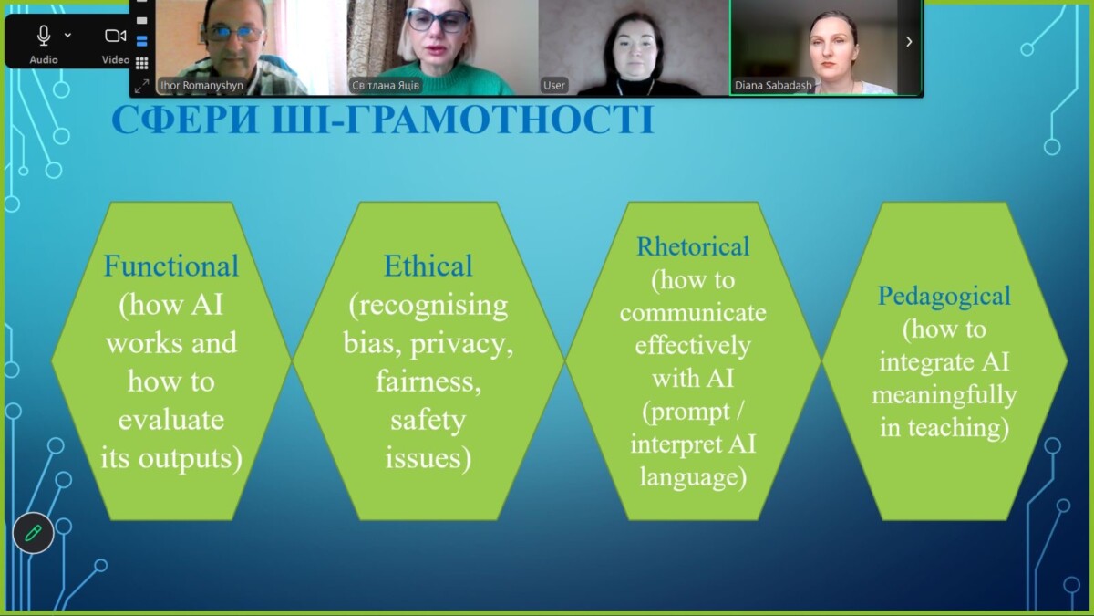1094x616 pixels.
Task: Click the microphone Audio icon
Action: (x=44, y=36)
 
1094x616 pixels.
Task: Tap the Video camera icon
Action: (x=115, y=36)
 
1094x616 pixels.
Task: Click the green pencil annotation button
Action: (x=33, y=533)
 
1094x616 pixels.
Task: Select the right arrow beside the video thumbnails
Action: (x=909, y=42)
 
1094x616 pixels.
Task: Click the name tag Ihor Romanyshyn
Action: (x=201, y=85)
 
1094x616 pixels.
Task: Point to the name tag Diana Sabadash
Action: (x=773, y=85)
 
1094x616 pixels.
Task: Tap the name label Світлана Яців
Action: (x=386, y=85)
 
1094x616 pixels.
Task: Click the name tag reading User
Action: (x=554, y=85)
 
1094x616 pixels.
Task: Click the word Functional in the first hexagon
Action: (x=171, y=266)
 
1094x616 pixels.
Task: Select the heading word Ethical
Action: (x=428, y=266)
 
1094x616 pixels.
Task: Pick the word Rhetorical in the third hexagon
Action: (x=693, y=246)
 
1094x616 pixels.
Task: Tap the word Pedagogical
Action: (x=944, y=297)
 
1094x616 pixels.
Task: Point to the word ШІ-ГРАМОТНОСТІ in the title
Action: (x=463, y=120)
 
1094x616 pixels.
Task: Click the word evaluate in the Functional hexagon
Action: (x=171, y=420)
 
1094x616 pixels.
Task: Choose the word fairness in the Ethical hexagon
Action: (x=428, y=381)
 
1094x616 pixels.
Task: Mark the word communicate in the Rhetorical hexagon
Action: (x=693, y=313)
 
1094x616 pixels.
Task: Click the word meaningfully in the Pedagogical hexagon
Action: (x=944, y=395)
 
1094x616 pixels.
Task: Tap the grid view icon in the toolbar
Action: (x=141, y=63)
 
